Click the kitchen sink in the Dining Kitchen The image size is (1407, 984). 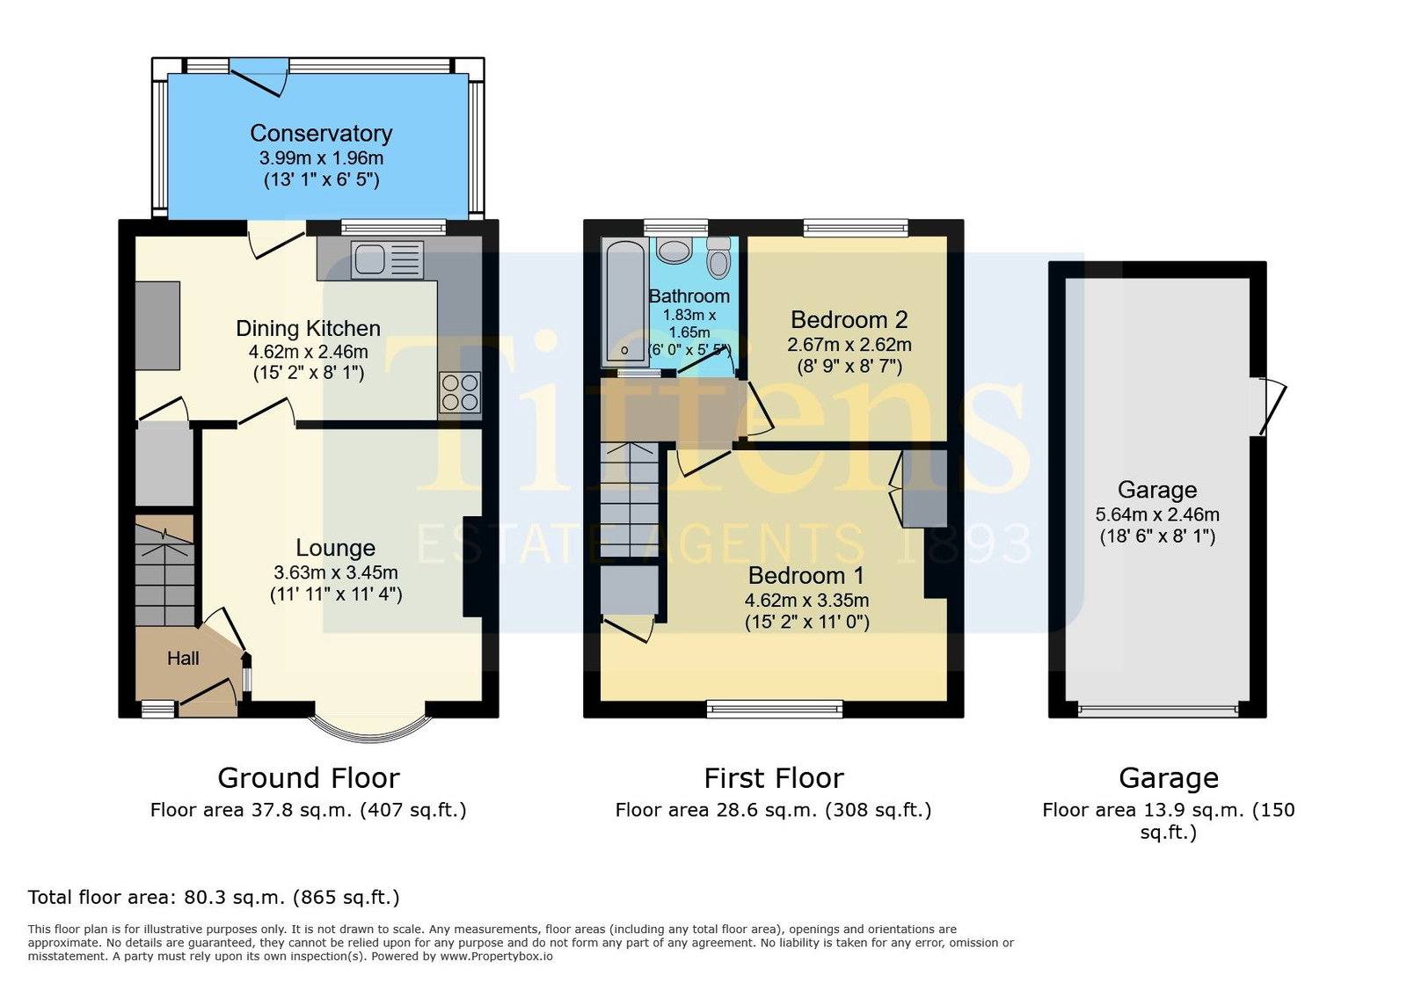tap(387, 259)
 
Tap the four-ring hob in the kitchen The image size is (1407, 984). tap(460, 392)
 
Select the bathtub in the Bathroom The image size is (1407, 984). tap(623, 302)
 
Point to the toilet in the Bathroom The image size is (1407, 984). tap(718, 258)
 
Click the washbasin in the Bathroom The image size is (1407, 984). tap(674, 251)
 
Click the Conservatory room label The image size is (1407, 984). tap(321, 133)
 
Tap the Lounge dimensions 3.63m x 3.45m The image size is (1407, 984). tap(335, 572)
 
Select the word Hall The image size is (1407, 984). tap(183, 658)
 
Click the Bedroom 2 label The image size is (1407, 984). tap(849, 319)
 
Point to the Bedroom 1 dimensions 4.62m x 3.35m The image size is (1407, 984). tap(806, 601)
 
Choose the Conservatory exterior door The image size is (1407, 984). tap(259, 77)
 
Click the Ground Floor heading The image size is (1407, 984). tap(309, 778)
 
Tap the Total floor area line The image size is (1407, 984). tap(214, 897)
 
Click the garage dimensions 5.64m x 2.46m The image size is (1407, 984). tap(1157, 515)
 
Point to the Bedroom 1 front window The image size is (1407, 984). tap(774, 709)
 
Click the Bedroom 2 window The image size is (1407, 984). tap(856, 227)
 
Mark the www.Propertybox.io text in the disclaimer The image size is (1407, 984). tap(496, 957)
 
